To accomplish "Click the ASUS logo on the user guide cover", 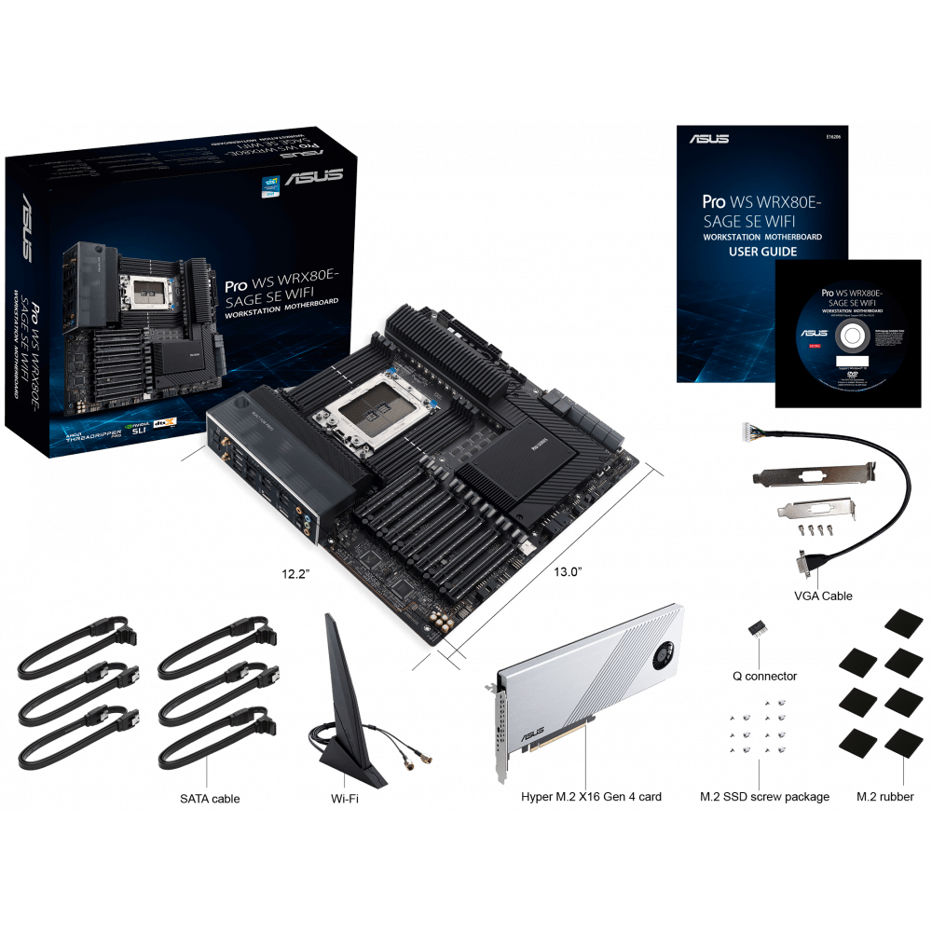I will coord(710,139).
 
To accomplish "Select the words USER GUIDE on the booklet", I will coord(761,251).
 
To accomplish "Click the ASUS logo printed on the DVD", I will coord(813,333).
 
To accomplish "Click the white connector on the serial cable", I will coord(745,432).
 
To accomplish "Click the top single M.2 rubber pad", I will coord(902,622).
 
